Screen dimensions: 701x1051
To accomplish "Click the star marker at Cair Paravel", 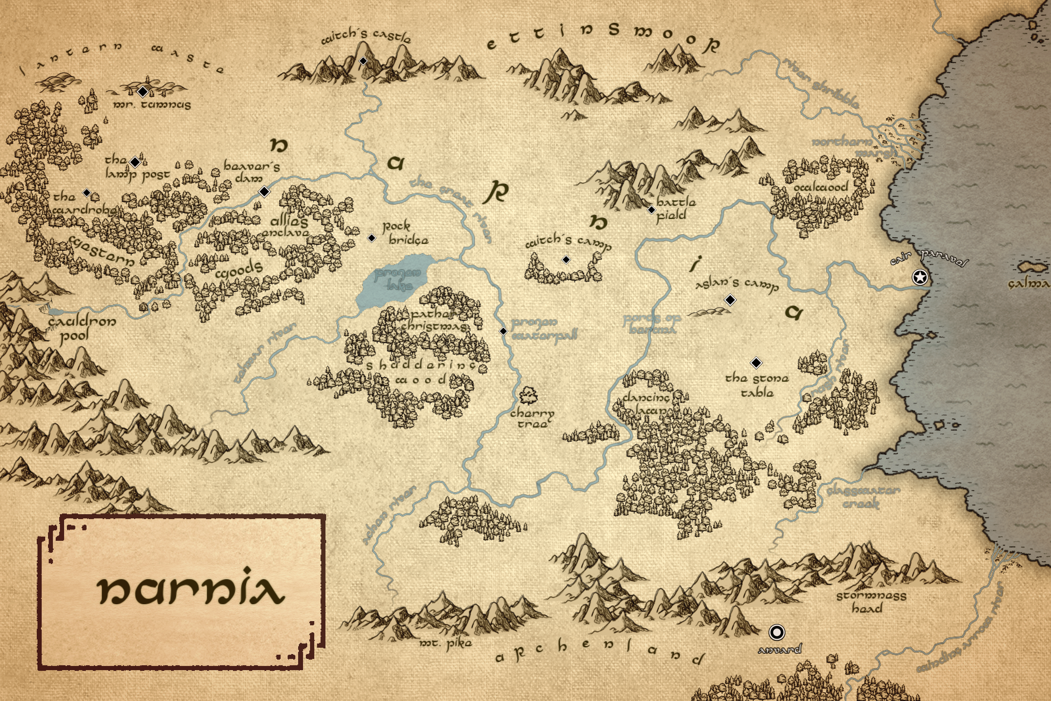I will coord(920,278).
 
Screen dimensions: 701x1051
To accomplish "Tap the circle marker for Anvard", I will coord(777,633).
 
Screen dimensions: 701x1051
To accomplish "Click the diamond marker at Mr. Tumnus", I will coord(143,91).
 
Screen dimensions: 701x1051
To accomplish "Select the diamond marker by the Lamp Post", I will coord(135,162).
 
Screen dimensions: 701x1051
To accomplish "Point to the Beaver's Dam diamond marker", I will coord(264,192).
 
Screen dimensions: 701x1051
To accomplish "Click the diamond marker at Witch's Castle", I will coord(363,61).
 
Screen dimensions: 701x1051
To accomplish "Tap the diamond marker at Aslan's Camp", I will coord(730,300).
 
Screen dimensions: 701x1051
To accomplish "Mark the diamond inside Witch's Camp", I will coord(566,259).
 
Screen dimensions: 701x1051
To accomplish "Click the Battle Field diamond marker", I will coord(652,210).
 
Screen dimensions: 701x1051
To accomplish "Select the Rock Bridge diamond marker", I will coord(372,238).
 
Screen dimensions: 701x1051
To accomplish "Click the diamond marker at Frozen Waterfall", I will coord(503,331).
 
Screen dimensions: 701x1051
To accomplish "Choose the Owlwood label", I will coord(820,187).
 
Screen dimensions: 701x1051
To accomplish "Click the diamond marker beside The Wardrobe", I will coord(87,193).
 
